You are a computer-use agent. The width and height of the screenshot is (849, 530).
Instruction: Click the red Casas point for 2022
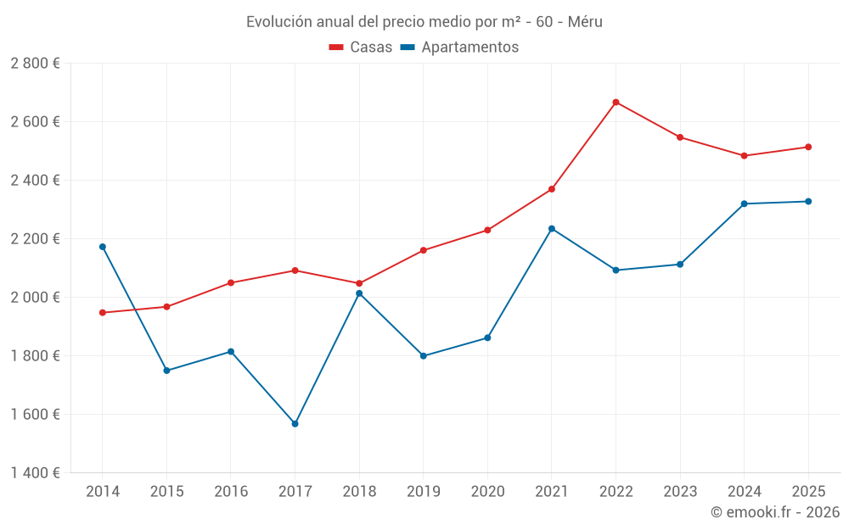click(x=616, y=103)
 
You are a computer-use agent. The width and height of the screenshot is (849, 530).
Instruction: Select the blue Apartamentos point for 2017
click(x=295, y=423)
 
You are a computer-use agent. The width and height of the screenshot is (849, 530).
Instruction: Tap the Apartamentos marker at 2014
click(x=103, y=247)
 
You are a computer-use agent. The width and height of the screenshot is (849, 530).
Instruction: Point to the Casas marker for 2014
click(x=103, y=313)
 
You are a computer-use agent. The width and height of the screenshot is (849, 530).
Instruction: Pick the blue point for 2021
click(x=552, y=229)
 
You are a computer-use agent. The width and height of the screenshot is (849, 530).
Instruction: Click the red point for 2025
click(x=808, y=148)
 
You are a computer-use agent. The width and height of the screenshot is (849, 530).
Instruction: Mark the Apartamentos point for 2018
click(x=359, y=293)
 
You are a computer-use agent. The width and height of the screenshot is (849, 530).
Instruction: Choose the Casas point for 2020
click(x=487, y=230)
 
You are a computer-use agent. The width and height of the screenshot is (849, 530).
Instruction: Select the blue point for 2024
click(x=744, y=204)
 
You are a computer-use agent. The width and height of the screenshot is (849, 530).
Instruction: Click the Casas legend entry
click(x=361, y=47)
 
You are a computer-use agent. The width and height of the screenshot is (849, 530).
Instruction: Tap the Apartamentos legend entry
click(x=458, y=47)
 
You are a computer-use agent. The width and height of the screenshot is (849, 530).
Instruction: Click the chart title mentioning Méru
click(x=424, y=22)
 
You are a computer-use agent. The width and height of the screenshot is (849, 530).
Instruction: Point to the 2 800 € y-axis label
click(x=35, y=64)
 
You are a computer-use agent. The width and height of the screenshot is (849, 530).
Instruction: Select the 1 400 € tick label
click(x=35, y=473)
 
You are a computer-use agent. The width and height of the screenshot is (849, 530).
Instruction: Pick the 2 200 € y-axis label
click(x=35, y=239)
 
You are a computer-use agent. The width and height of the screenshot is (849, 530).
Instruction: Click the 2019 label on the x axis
click(x=423, y=491)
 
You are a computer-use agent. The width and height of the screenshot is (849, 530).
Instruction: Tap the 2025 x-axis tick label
click(x=808, y=491)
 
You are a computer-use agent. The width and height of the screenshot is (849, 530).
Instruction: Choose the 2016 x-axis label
click(x=231, y=491)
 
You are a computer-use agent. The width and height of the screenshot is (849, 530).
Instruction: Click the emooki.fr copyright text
click(x=774, y=512)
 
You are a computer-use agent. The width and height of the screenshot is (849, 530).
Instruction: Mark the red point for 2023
click(x=680, y=137)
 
